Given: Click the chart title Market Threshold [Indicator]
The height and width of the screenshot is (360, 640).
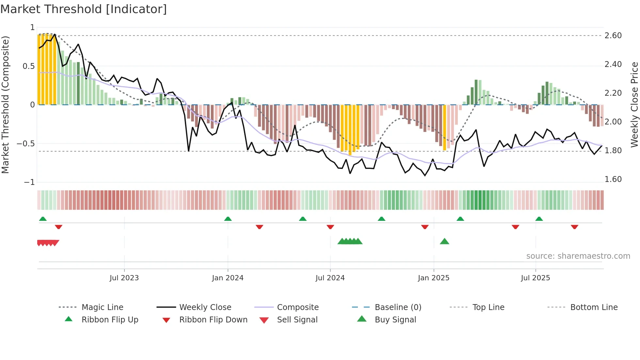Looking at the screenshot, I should click(x=84, y=9).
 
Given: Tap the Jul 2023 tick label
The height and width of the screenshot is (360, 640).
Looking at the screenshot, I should click(x=124, y=278).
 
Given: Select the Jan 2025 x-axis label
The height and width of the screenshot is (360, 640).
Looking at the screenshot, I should click(x=434, y=278).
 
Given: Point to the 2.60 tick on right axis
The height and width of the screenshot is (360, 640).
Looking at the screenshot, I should click(x=613, y=36).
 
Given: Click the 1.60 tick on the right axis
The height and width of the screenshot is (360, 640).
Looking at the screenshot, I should click(x=613, y=179).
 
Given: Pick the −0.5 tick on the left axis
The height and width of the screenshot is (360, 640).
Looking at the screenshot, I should click(x=26, y=144).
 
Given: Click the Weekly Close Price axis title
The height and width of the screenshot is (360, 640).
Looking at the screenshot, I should click(x=634, y=105).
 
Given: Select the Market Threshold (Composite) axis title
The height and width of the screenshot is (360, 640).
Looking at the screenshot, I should click(x=5, y=105).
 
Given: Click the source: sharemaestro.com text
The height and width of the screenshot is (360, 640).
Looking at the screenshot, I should click(x=578, y=256).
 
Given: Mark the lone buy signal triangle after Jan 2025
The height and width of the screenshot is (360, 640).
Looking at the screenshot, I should click(x=444, y=242).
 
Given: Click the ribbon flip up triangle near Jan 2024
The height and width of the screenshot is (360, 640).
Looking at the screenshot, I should click(x=228, y=219).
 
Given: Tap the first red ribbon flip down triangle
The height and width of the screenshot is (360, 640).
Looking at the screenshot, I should click(x=58, y=227).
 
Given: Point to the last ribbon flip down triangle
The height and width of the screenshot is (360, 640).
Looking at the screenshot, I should click(x=574, y=227).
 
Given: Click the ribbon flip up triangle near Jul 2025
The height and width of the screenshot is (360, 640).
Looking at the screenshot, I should click(x=539, y=219).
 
